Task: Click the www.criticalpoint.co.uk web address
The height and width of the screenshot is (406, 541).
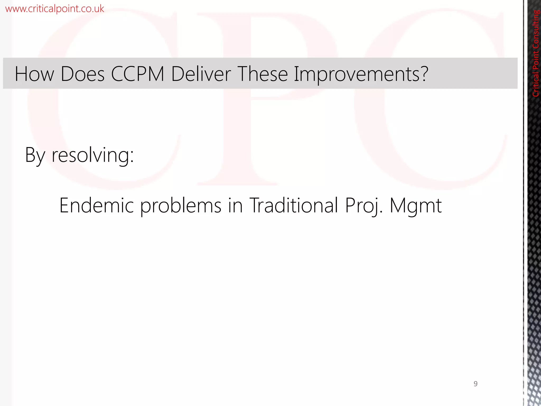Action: pos(54,9)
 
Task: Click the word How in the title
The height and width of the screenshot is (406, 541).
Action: pos(34,74)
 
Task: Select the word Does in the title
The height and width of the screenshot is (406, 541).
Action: pos(82,74)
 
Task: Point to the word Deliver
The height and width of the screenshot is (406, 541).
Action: pos(201,74)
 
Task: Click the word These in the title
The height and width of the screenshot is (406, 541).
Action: pos(263,74)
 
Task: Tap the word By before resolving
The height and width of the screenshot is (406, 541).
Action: pos(35,155)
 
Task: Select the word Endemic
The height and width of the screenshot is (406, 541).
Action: pos(96,205)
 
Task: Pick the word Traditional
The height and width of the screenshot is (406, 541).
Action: pos(294,205)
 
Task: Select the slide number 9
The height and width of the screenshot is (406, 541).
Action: pos(475,384)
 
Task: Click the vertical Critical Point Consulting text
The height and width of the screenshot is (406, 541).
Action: pos(536,53)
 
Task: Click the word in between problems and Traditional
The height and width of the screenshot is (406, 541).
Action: pos(235,205)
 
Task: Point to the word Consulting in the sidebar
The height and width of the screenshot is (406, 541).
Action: pos(536,29)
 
